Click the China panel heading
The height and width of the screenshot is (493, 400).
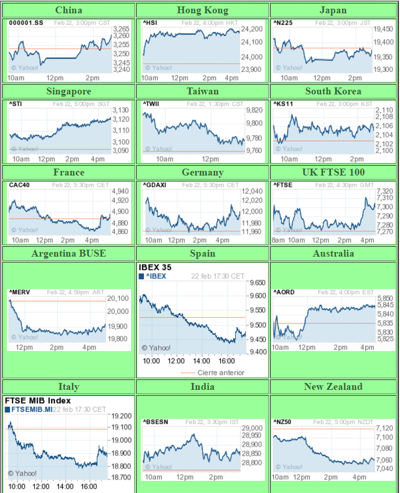[68, 10]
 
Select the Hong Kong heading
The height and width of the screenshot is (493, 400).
[202, 10]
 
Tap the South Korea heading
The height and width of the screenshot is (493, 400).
[333, 91]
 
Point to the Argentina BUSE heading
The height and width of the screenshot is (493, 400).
[68, 253]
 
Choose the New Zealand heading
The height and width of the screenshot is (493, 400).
[333, 386]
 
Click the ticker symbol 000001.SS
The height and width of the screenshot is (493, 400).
[26, 23]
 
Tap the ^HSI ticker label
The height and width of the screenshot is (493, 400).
[150, 23]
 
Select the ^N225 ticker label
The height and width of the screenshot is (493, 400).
[282, 23]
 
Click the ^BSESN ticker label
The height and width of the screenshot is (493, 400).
[155, 422]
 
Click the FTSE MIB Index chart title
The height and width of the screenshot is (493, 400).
[38, 400]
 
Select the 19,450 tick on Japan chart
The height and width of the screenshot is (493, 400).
[384, 29]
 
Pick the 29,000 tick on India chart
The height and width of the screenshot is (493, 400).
[252, 428]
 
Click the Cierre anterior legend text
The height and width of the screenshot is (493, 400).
[221, 373]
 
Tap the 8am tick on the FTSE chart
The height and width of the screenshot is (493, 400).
[278, 240]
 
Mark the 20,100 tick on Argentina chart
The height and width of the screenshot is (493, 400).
[119, 298]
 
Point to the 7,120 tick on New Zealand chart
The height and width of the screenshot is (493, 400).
[384, 428]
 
